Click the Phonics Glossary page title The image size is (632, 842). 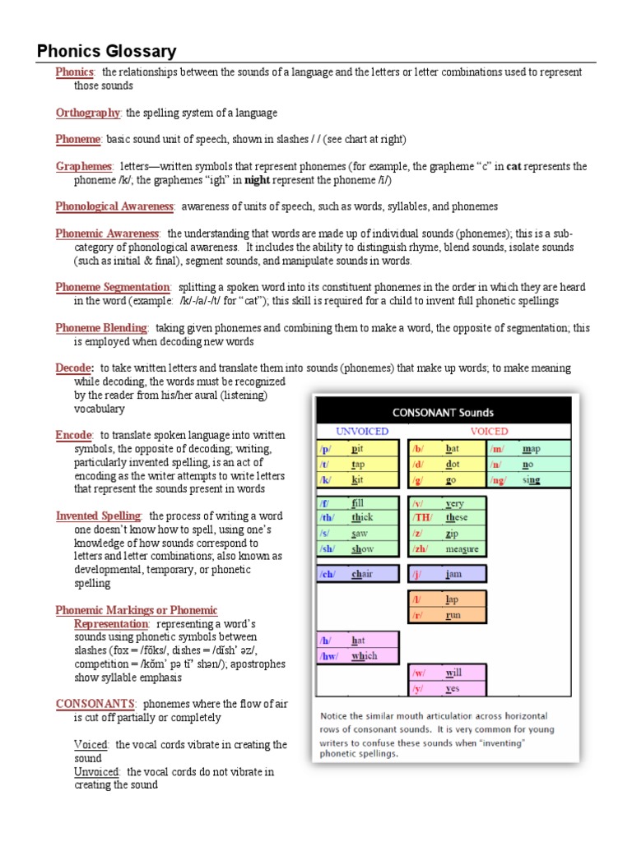pos(107,52)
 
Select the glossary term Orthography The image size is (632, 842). pos(88,113)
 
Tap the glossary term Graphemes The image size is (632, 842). pos(84,166)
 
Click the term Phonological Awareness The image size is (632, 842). pos(114,206)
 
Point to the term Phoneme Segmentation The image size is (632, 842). pos(113,287)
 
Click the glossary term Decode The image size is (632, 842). pos(73,368)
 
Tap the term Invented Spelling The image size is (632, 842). pos(98,516)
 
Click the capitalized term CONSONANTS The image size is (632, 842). pos(95,704)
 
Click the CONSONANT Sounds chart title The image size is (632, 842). pos(442,412)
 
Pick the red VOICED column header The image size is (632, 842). pos(489,431)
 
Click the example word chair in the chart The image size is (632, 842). pos(362,574)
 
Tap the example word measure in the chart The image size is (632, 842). pos(462,549)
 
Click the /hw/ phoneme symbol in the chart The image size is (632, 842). pos(329,656)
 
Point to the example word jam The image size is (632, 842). pos(453,574)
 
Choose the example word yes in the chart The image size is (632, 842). pos(453,688)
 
